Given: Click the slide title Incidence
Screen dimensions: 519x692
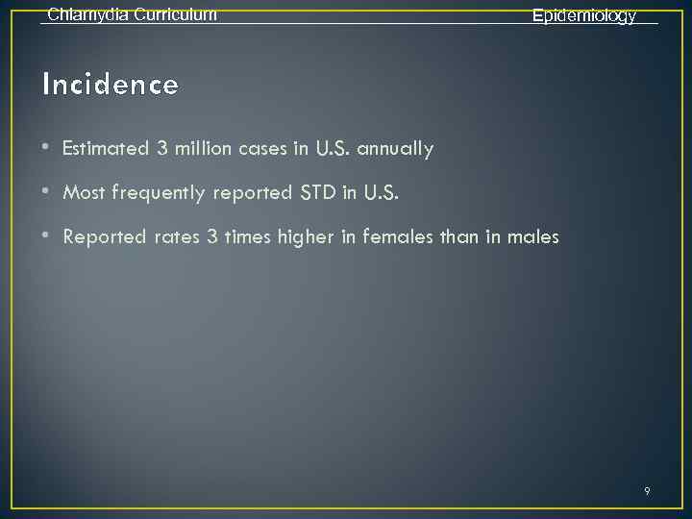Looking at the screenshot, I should [111, 86].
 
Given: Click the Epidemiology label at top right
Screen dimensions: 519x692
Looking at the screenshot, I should [584, 16].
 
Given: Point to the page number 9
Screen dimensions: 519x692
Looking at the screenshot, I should [647, 491].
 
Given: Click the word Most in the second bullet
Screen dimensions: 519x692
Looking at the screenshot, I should [85, 193].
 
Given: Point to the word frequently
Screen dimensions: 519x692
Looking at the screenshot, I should [160, 193].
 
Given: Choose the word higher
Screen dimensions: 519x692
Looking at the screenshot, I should [307, 237].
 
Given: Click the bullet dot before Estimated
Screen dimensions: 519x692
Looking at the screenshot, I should [47, 149].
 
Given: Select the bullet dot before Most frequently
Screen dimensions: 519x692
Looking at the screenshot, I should [47, 192].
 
